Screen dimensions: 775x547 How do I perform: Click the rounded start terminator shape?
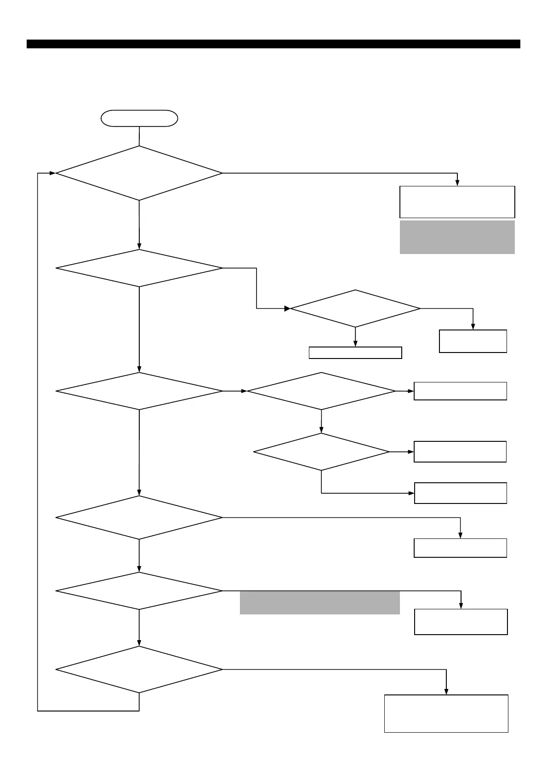pyautogui.click(x=139, y=118)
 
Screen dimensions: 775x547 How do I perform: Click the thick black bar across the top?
pyautogui.click(x=273, y=44)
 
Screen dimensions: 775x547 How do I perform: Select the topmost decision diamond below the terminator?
pyautogui.click(x=139, y=173)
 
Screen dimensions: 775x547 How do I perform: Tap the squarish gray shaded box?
pyautogui.click(x=457, y=237)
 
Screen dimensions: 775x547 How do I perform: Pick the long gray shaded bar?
pyautogui.click(x=319, y=603)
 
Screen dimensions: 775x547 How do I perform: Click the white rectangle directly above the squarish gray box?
pyautogui.click(x=457, y=202)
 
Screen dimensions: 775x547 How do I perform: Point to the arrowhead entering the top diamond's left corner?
pyautogui.click(x=52, y=173)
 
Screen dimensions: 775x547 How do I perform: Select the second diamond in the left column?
pyautogui.click(x=139, y=268)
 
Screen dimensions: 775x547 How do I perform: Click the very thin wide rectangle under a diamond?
pyautogui.click(x=355, y=353)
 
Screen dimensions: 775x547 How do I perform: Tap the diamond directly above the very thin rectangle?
pyautogui.click(x=355, y=308)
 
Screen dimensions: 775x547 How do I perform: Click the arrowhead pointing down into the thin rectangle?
pyautogui.click(x=355, y=344)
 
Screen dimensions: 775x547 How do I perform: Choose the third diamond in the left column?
pyautogui.click(x=139, y=391)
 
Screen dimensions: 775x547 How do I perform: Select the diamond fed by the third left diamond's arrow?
pyautogui.click(x=321, y=391)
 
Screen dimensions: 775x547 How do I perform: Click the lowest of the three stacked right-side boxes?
pyautogui.click(x=460, y=493)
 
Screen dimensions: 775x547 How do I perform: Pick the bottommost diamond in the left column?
pyautogui.click(x=139, y=669)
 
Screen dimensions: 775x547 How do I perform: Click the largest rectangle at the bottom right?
pyautogui.click(x=446, y=713)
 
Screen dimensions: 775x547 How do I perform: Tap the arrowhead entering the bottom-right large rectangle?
pyautogui.click(x=446, y=692)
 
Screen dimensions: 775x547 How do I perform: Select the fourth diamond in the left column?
pyautogui.click(x=139, y=517)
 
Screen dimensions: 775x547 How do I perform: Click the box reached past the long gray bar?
pyautogui.click(x=461, y=622)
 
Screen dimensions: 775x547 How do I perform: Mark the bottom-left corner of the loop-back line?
pyautogui.click(x=38, y=711)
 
